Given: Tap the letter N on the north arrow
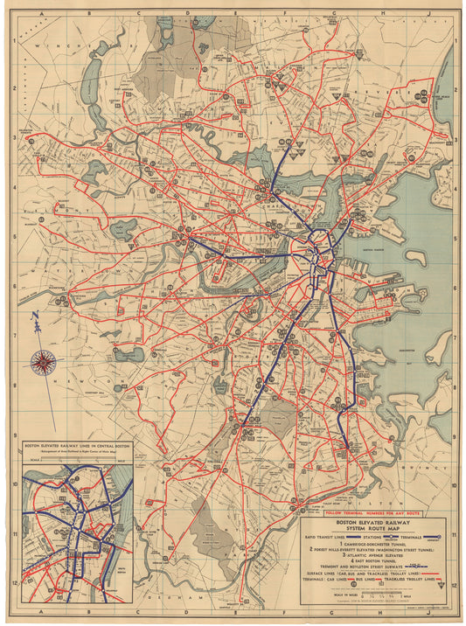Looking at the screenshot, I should click(x=33, y=316).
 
